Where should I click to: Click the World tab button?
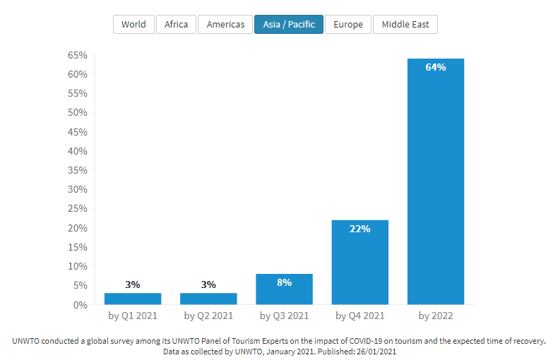click(133, 25)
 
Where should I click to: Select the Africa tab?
click(176, 25)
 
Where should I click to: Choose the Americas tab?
click(225, 25)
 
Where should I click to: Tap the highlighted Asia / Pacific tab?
click(289, 25)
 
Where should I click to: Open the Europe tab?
click(348, 25)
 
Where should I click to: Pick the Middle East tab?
click(405, 25)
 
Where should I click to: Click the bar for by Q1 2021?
click(133, 299)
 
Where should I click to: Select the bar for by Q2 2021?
click(208, 299)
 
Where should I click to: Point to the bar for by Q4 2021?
click(360, 265)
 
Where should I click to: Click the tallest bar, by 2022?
click(436, 184)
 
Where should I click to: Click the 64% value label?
click(436, 68)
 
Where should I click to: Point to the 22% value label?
click(360, 229)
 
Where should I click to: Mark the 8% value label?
click(284, 282)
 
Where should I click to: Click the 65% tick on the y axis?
click(78, 55)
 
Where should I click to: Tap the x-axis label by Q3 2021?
click(284, 316)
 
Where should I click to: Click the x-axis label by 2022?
click(436, 316)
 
